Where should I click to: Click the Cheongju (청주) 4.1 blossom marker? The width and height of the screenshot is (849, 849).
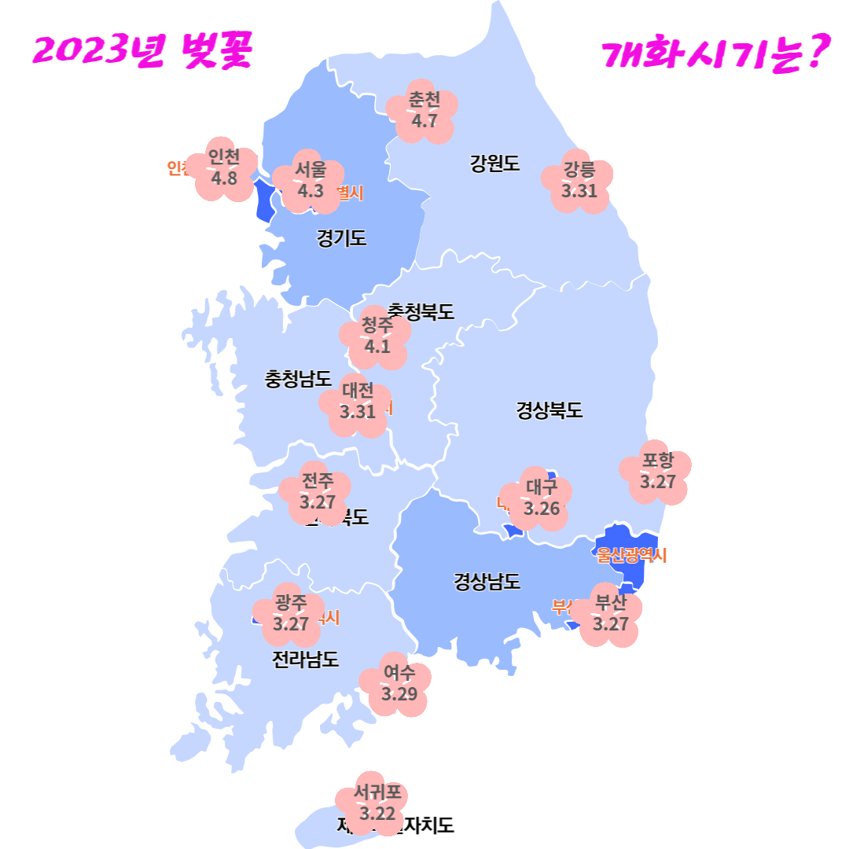click(x=377, y=336)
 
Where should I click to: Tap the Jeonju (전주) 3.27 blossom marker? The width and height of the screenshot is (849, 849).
click(x=317, y=493)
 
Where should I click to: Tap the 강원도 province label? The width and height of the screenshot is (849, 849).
click(x=494, y=164)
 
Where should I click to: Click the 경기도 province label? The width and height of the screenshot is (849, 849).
click(x=341, y=238)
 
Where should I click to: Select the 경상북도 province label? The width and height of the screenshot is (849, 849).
click(x=549, y=410)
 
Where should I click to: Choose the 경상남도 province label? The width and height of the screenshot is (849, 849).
click(x=487, y=582)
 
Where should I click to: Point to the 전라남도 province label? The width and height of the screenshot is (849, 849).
click(x=306, y=659)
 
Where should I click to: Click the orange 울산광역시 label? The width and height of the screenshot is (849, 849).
click(x=631, y=556)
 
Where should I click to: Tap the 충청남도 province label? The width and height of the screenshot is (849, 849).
click(x=298, y=379)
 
